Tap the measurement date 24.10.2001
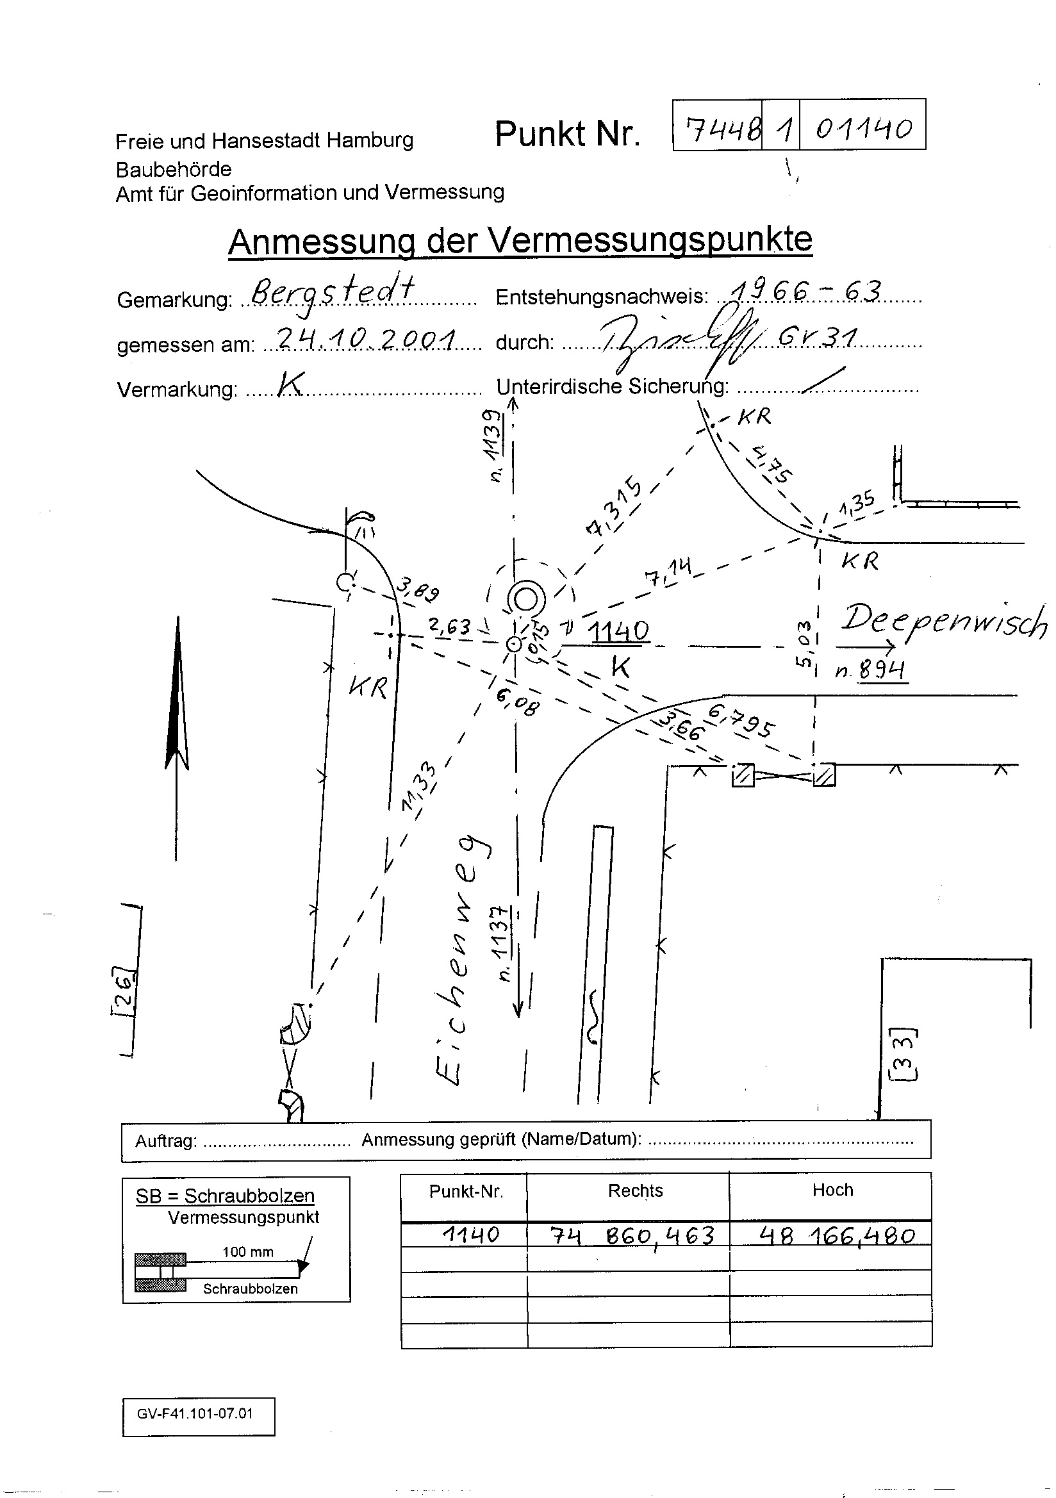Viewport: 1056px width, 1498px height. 366,338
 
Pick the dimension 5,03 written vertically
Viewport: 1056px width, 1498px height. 804,642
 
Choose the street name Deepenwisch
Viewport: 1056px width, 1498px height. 943,621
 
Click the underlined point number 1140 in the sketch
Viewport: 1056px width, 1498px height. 618,631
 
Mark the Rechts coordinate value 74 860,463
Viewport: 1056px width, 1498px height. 632,1235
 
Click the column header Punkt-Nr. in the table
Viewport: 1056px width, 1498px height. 465,1191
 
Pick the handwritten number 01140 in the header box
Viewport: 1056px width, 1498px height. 863,128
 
